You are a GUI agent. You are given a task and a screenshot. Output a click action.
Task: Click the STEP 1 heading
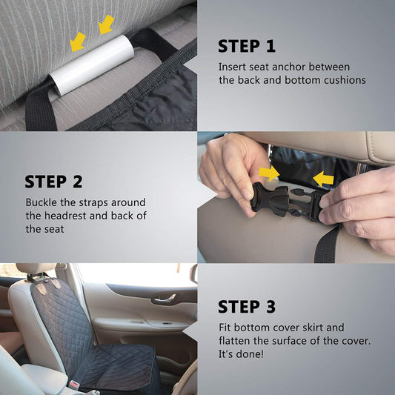click(x=246, y=46)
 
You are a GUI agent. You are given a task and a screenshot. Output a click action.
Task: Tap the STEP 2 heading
click(x=53, y=182)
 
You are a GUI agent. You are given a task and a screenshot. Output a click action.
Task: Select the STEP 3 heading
click(x=247, y=307)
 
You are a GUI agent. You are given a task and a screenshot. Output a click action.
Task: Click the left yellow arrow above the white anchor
click(x=78, y=42)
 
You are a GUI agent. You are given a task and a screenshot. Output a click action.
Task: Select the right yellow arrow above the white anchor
click(x=107, y=24)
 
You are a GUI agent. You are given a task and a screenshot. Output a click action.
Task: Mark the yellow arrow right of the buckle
click(x=323, y=179)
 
